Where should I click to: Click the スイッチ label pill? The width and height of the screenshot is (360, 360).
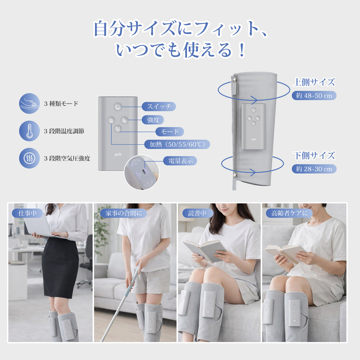[x=159, y=107]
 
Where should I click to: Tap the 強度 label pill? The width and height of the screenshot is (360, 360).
[x=153, y=120]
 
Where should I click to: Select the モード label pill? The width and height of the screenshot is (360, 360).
[x=170, y=132]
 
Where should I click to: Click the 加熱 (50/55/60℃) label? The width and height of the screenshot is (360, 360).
[x=177, y=144]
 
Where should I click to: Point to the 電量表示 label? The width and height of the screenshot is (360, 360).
[x=180, y=161]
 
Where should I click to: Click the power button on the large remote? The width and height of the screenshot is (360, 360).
[x=118, y=107]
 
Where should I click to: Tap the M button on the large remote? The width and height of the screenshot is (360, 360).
[x=118, y=128]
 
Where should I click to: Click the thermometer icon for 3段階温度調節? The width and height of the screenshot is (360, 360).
[x=29, y=131]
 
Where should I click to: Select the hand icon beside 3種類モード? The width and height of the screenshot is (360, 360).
[x=29, y=103]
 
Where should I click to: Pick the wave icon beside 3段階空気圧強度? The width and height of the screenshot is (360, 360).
[x=29, y=158]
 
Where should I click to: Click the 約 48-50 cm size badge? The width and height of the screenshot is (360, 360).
[x=314, y=96]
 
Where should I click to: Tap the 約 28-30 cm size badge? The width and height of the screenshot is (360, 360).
[x=314, y=169]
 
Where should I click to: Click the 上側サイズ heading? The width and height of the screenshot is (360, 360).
[x=314, y=82]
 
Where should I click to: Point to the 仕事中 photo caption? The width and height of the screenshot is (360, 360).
[x=24, y=213]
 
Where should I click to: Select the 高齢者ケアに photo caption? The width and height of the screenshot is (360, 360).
[x=289, y=213]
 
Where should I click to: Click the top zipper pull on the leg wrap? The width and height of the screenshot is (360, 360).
[x=235, y=80]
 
